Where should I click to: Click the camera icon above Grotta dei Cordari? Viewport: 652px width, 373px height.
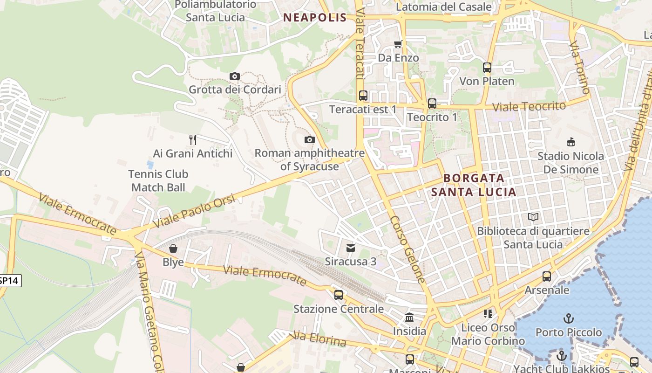pyautogui.click(x=235, y=76)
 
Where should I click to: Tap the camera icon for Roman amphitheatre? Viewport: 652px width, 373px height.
pyautogui.click(x=309, y=139)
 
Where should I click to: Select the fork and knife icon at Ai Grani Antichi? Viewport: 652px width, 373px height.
pyautogui.click(x=193, y=139)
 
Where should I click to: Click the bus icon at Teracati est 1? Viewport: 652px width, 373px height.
pyautogui.click(x=363, y=96)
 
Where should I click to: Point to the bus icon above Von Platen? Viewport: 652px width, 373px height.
pyautogui.click(x=487, y=68)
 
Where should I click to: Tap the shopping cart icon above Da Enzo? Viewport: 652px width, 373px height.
pyautogui.click(x=398, y=44)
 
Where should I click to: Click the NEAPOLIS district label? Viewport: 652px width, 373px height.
pyautogui.click(x=315, y=18)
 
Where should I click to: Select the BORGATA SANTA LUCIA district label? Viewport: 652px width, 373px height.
pyautogui.click(x=474, y=185)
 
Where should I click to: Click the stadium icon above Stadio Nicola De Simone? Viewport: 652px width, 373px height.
pyautogui.click(x=570, y=142)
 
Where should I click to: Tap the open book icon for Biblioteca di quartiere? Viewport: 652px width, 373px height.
pyautogui.click(x=533, y=217)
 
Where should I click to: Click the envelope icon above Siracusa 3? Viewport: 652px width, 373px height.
pyautogui.click(x=350, y=248)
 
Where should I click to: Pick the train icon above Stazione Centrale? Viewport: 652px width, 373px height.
pyautogui.click(x=339, y=295)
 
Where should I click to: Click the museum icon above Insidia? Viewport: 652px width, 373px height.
pyautogui.click(x=409, y=318)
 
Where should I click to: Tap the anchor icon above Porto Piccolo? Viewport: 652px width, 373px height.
pyautogui.click(x=568, y=319)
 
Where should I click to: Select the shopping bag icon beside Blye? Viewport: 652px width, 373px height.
pyautogui.click(x=173, y=249)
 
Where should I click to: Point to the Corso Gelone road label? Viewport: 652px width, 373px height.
pyautogui.click(x=407, y=249)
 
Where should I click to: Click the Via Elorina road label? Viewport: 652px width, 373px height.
pyautogui.click(x=319, y=339)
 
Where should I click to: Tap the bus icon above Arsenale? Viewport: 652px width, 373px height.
pyautogui.click(x=547, y=276)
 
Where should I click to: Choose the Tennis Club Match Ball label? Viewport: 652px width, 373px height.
pyautogui.click(x=158, y=181)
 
